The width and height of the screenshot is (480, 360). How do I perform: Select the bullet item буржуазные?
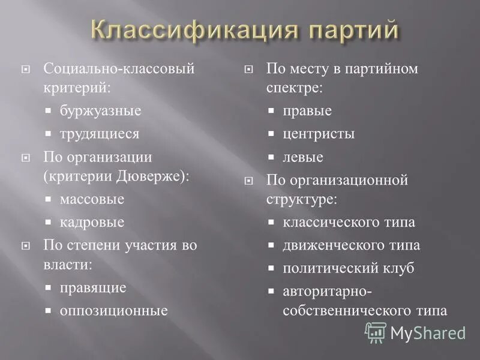100,111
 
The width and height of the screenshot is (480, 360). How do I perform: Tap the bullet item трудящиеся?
99,134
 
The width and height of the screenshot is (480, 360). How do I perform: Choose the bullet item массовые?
92,199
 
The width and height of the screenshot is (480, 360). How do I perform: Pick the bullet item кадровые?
92,222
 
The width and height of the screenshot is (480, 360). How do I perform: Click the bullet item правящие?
93,287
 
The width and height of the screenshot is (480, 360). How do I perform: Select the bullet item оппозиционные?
113,310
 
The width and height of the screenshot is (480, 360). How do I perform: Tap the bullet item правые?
307,111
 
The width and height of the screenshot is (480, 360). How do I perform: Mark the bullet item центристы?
319,134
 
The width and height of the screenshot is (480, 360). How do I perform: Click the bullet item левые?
303,157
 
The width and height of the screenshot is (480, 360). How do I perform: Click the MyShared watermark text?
427,332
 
